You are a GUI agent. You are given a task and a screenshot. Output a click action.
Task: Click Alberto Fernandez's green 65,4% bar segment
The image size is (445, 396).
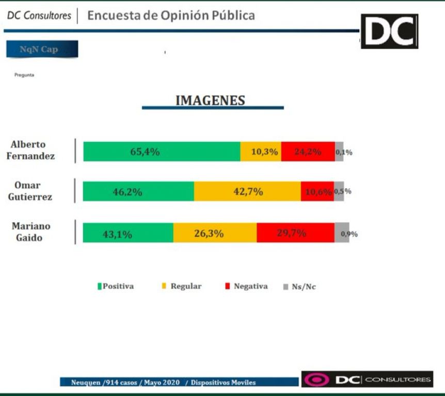point(162,152)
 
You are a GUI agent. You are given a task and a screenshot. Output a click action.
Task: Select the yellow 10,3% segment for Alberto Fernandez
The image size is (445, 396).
point(261,152)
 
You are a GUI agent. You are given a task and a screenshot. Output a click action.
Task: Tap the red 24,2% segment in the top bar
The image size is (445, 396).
point(308,152)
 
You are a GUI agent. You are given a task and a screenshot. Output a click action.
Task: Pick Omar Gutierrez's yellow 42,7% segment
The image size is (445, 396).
point(247,192)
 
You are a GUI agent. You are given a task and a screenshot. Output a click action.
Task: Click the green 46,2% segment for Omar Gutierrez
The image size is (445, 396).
point(138,192)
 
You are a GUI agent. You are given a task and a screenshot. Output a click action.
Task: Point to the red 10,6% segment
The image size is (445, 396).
point(317,192)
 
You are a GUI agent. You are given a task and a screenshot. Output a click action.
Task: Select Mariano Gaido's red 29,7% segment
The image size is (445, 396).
point(295,233)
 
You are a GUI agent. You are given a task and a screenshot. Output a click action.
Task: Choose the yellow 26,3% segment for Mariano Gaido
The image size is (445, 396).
point(215,233)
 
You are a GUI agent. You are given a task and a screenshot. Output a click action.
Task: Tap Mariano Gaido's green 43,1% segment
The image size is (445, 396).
point(128,233)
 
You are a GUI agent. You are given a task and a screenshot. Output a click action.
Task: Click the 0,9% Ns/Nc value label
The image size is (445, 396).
point(349,234)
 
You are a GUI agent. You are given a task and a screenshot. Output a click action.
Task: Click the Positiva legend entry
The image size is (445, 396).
point(116,286)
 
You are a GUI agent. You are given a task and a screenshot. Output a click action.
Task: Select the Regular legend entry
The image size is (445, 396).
point(182,286)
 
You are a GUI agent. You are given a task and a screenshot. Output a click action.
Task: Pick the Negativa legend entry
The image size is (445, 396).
point(247,286)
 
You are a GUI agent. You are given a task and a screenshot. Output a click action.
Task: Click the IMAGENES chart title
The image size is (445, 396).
point(210,101)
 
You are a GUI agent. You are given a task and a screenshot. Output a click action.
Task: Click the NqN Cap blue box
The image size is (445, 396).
point(42,49)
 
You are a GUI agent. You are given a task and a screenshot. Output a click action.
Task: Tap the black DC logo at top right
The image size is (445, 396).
point(389,31)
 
